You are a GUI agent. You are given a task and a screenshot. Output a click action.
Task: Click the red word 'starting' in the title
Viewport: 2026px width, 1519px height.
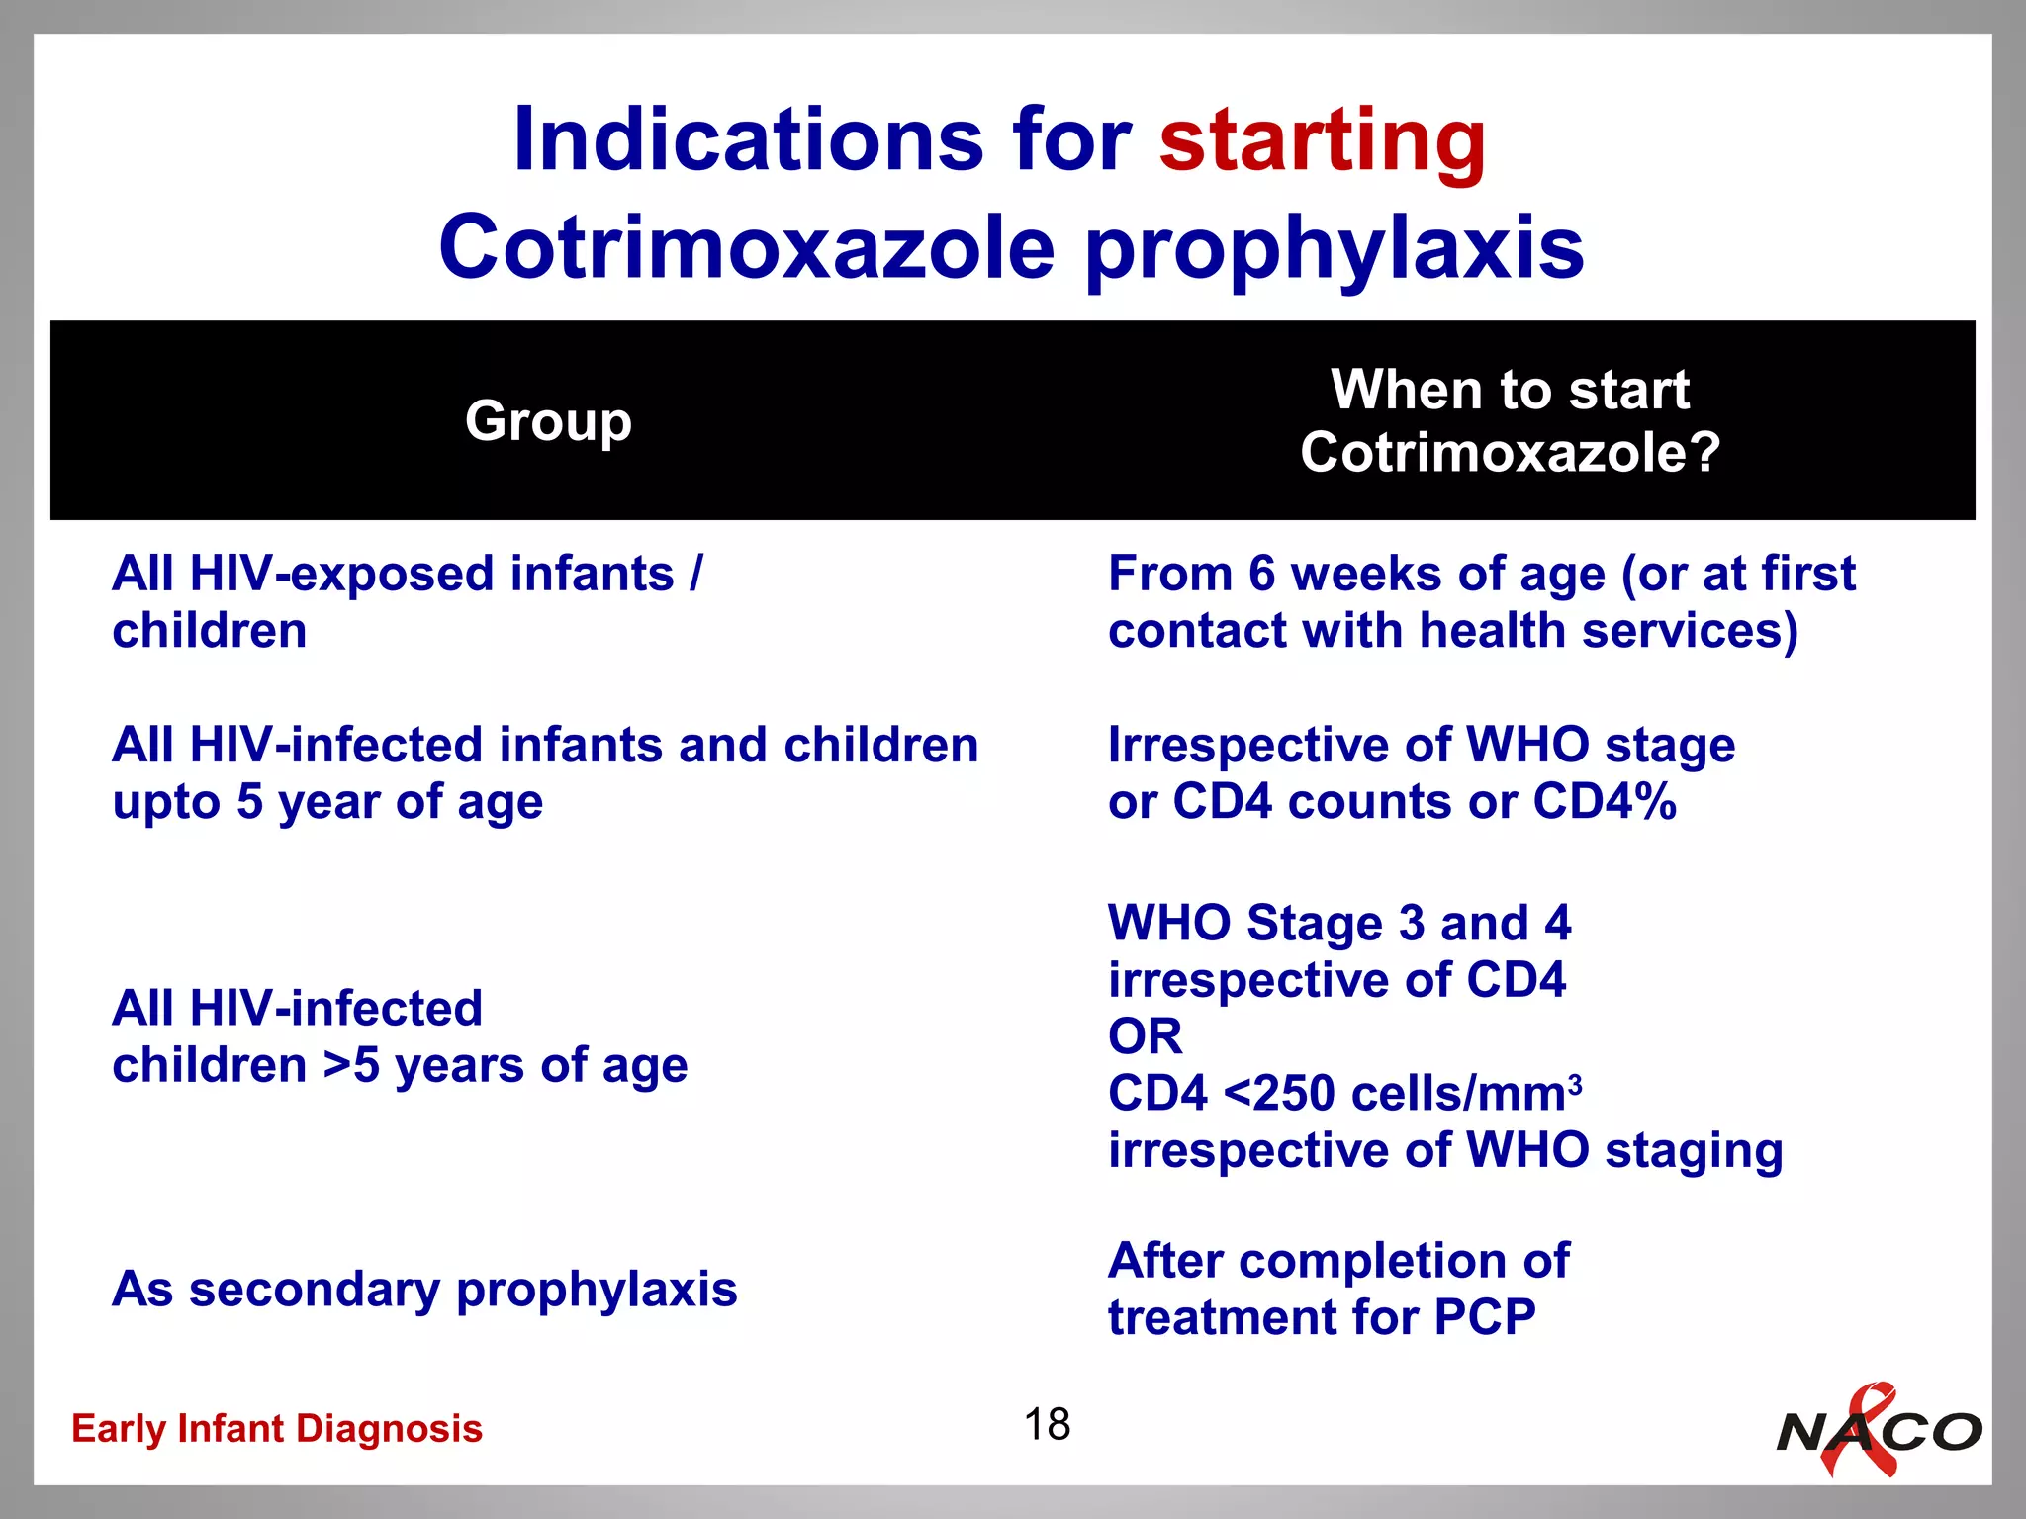click(x=1322, y=141)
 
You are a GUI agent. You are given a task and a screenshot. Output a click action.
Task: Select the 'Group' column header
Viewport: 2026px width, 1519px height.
click(x=548, y=421)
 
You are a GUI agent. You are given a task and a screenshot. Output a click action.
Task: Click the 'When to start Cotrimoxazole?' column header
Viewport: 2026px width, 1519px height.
click(x=1510, y=421)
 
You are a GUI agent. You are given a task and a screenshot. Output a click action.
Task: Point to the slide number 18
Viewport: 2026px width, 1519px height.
click(x=1047, y=1425)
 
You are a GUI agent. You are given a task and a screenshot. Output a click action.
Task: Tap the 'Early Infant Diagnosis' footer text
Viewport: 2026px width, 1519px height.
click(x=277, y=1429)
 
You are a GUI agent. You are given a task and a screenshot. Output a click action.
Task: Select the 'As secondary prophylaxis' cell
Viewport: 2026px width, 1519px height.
click(x=424, y=1290)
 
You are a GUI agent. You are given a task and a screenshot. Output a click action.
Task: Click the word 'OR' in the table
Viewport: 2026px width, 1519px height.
click(x=1145, y=1037)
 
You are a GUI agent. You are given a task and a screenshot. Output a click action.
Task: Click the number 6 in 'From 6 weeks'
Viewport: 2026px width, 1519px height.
click(x=1261, y=574)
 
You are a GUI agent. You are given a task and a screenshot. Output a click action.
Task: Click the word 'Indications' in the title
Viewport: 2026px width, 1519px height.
click(x=748, y=140)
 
